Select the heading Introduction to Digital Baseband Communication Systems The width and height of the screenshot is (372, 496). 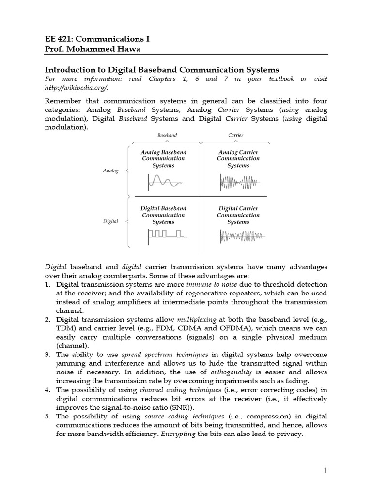162,70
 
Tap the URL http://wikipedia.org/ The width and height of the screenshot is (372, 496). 76,87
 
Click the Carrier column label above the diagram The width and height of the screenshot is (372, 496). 235,135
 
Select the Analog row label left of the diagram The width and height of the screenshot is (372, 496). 110,171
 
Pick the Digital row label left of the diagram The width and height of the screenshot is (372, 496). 110,221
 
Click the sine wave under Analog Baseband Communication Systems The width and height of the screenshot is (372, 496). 164,183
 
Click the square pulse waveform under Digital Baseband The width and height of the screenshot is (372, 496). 165,235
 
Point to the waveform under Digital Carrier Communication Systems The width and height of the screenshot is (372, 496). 241,236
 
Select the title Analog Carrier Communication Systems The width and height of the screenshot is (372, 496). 238,158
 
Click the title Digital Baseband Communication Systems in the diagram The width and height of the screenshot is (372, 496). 163,215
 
